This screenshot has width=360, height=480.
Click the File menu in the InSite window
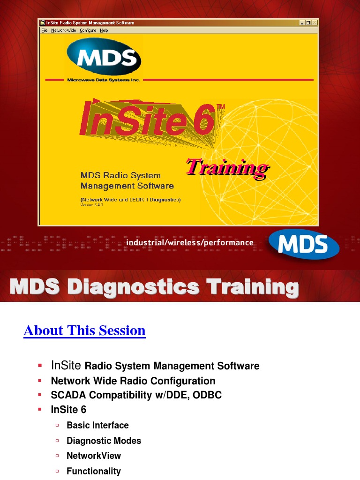pos(45,30)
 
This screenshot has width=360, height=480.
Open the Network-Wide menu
pos(64,30)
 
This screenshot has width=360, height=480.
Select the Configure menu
pos(88,30)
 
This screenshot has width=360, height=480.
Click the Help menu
pos(104,30)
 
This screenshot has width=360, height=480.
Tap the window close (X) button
pos(315,22)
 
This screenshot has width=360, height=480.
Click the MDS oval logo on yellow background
pos(104,57)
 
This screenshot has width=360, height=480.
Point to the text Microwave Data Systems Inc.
pos(104,80)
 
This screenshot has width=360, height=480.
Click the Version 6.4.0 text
pos(91,205)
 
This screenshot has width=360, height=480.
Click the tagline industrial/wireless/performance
pos(189,242)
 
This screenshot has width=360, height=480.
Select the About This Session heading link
pos(84,330)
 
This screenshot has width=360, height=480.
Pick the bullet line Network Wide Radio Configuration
pos(133,381)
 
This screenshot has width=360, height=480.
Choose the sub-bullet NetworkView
pos(94,456)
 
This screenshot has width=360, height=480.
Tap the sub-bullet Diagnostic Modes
pos(104,441)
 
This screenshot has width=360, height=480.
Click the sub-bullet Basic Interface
pos(97,425)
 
